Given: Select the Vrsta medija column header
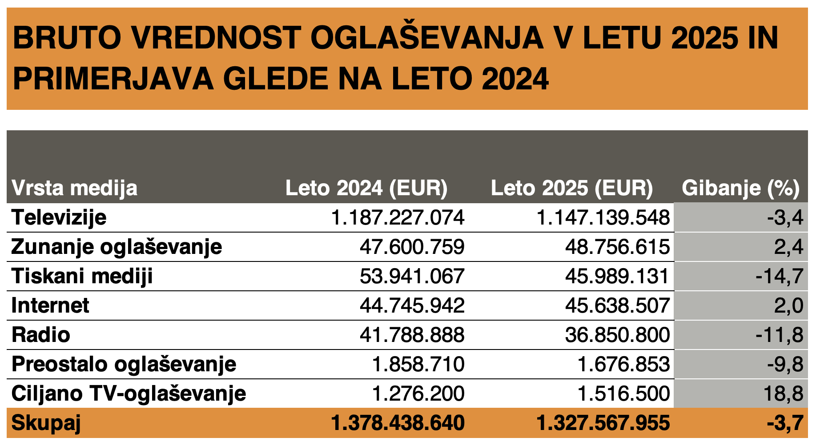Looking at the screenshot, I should click(x=74, y=188).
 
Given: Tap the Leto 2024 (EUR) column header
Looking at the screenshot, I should click(x=366, y=188).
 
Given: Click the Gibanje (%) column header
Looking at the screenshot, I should click(x=740, y=188).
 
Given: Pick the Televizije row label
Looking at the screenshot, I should click(x=59, y=218).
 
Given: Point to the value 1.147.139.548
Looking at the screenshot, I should click(x=603, y=218).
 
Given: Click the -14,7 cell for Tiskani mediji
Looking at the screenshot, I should click(x=779, y=277).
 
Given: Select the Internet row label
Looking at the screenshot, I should click(x=50, y=306).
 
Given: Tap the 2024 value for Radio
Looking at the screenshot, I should click(x=412, y=335).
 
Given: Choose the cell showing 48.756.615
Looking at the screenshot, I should click(x=617, y=247).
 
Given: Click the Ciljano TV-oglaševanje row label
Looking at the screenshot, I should click(x=129, y=394).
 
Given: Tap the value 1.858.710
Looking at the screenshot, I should click(x=418, y=365).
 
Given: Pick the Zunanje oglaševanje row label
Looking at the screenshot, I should click(x=117, y=247).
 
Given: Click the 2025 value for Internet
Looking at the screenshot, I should click(x=617, y=306).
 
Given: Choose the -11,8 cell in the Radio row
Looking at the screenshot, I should click(x=779, y=335).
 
